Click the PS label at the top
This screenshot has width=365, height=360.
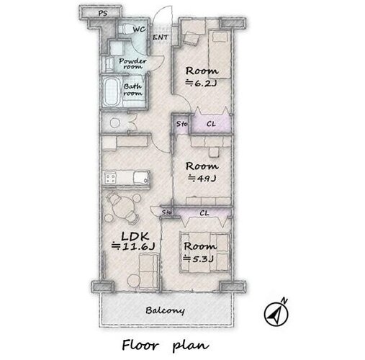click(103, 13)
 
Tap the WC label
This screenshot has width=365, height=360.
click(139, 30)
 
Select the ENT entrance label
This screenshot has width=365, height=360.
click(161, 37)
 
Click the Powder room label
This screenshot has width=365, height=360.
click(132, 63)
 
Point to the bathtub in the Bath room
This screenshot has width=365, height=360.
click(111, 92)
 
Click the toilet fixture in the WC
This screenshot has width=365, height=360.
click(125, 29)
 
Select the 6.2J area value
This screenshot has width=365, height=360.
click(202, 84)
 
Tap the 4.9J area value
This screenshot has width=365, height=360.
click(202, 179)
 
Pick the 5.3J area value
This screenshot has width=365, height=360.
click(199, 258)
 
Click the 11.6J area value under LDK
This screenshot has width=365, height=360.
click(133, 246)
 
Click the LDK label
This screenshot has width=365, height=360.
click(135, 236)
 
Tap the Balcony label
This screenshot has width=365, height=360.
click(165, 310)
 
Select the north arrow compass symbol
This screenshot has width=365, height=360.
click(276, 313)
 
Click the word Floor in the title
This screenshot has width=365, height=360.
click(140, 345)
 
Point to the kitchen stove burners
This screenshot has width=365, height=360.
click(110, 178)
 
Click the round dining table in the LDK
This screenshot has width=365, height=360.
click(122, 207)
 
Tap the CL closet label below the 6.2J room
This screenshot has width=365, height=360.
click(211, 124)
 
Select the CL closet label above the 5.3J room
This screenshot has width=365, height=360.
click(204, 213)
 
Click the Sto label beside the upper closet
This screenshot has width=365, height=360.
click(181, 124)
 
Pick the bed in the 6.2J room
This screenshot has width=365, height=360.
click(220, 54)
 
